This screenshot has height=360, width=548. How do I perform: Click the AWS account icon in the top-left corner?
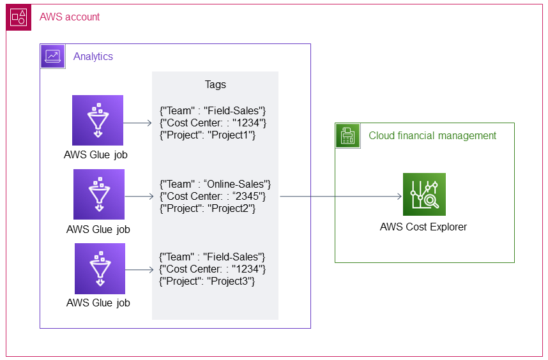(19, 17)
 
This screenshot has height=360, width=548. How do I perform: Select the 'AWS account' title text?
(70, 17)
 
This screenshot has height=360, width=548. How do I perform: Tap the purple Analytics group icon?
(53, 56)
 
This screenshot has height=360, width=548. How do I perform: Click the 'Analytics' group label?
(93, 56)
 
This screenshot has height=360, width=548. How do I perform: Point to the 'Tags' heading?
(215, 84)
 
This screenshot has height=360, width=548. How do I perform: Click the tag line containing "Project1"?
(208, 135)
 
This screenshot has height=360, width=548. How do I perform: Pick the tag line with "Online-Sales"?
(215, 184)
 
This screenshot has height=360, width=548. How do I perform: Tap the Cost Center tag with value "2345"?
(213, 197)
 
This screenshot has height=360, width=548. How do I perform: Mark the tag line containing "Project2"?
(208, 209)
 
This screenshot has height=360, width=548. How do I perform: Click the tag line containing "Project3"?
(208, 281)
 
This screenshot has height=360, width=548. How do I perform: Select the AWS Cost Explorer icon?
(424, 195)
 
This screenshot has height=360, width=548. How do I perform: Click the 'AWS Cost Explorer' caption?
(423, 227)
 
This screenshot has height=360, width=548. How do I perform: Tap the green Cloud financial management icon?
(348, 135)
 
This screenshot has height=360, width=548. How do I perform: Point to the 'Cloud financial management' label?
(432, 135)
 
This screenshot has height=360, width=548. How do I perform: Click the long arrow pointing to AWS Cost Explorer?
(339, 197)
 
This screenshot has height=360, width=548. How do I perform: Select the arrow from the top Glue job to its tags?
(137, 123)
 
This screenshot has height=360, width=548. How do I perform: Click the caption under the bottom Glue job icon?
(98, 303)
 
